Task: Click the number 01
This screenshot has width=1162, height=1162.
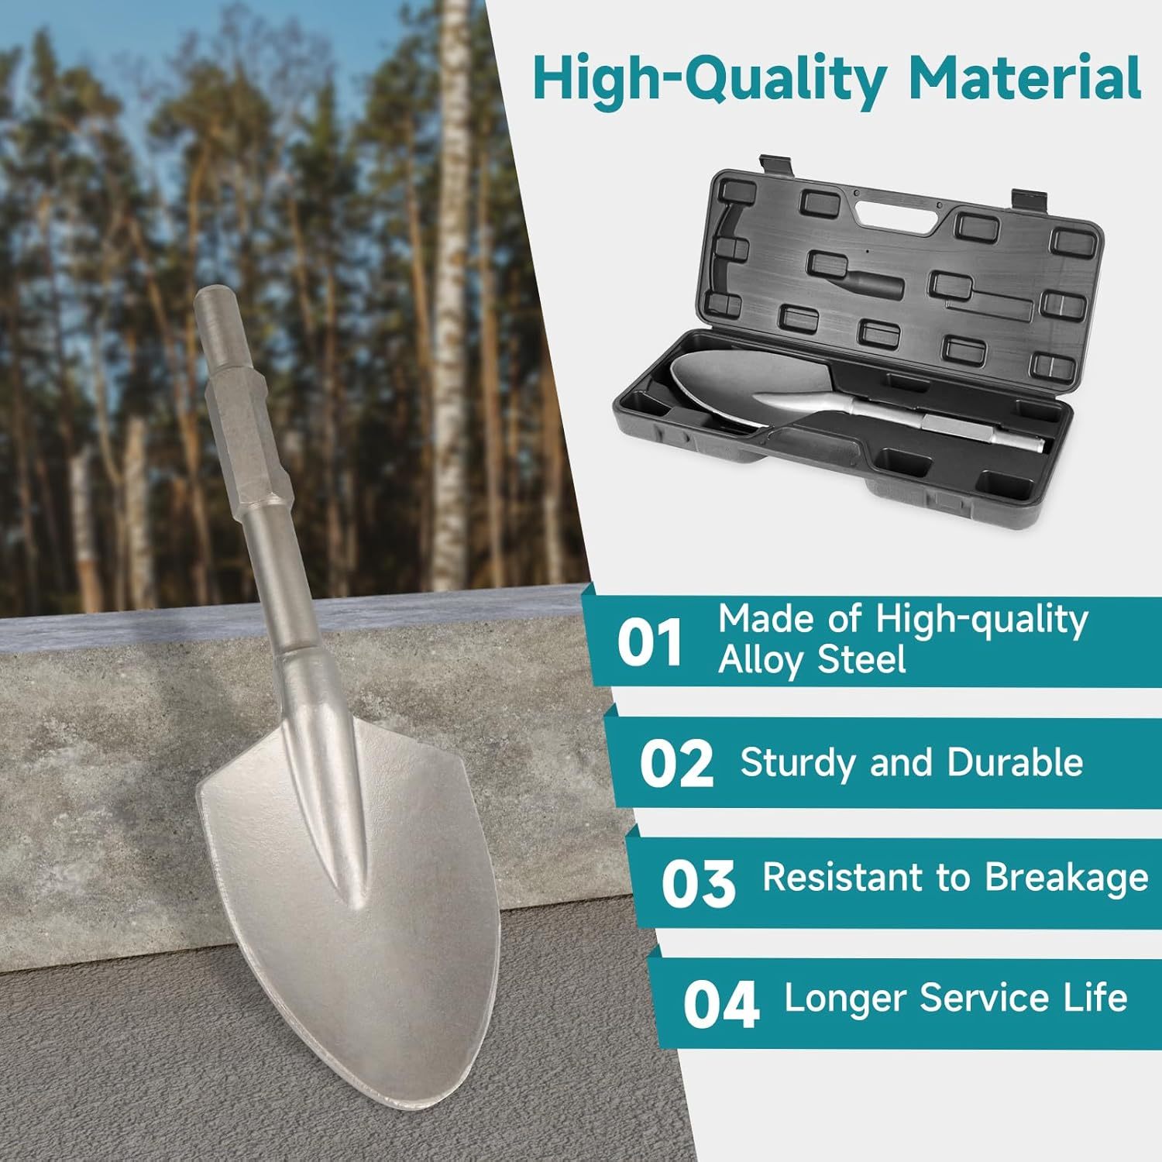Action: pos(649,642)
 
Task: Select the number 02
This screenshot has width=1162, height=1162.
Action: pos(676,763)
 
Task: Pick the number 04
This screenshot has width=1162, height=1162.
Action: pos(720,1004)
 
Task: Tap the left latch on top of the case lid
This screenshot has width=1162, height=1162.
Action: pos(774,163)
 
